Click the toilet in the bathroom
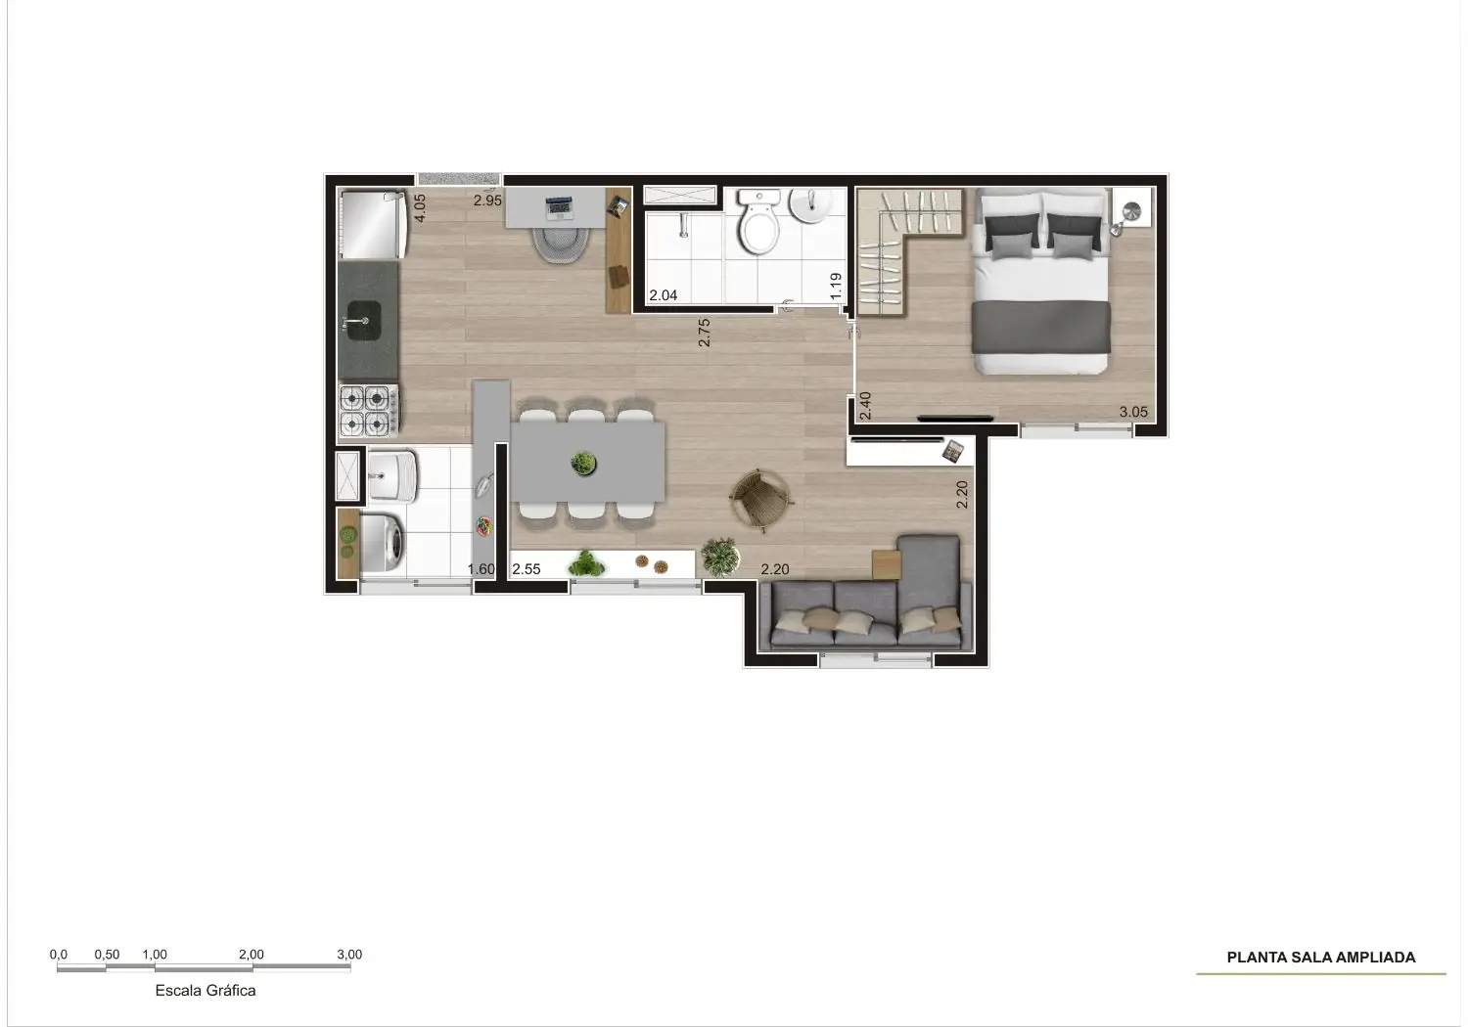coord(759,221)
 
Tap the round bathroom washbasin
coord(810,205)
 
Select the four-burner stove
coord(369,410)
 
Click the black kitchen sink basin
coord(364,321)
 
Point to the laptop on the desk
coord(559,207)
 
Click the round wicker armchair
coord(759,499)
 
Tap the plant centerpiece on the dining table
coord(583,464)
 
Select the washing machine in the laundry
coord(383,542)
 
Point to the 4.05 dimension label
coord(420,207)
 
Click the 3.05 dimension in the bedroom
coord(1133,412)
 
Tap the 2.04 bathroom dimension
coord(663,295)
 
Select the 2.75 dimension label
coord(704,333)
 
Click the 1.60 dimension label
coord(482,569)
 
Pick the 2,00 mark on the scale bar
coord(251,955)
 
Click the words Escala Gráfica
coord(206,990)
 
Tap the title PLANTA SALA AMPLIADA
coord(1320,958)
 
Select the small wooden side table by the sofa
coord(886,564)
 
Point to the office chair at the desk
coord(559,245)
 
